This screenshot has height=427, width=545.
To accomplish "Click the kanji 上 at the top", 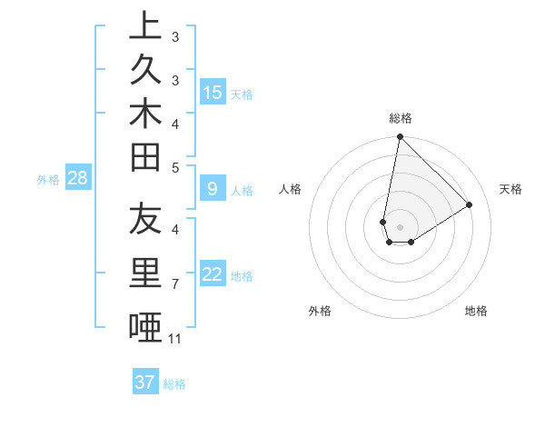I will pyautogui.click(x=145, y=26).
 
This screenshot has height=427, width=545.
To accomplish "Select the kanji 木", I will pyautogui.click(x=145, y=116).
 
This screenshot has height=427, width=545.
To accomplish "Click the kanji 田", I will pyautogui.click(x=145, y=159).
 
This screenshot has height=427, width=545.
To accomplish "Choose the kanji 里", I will pyautogui.click(x=145, y=274).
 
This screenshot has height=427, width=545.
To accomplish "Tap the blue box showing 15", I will pyautogui.click(x=213, y=92).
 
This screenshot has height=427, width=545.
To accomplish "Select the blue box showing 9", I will pyautogui.click(x=213, y=189).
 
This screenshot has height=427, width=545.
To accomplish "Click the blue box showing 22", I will pyautogui.click(x=213, y=274).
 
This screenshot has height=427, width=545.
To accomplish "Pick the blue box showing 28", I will pyautogui.click(x=77, y=178).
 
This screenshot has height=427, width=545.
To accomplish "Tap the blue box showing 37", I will pyautogui.click(x=144, y=382).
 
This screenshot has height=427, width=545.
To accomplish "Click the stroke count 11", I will pyautogui.click(x=175, y=339).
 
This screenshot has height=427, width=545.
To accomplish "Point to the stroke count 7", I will pyautogui.click(x=175, y=285).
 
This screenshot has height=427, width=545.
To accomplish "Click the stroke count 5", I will pyautogui.click(x=175, y=167).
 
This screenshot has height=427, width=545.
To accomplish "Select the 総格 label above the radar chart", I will pyautogui.click(x=400, y=118).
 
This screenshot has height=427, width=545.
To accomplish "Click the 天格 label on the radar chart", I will pyautogui.click(x=510, y=189).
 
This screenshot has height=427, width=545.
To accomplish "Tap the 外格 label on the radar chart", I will pyautogui.click(x=320, y=311).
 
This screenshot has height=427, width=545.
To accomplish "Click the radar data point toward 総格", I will pyautogui.click(x=400, y=137).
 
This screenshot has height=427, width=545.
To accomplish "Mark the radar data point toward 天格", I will pyautogui.click(x=470, y=204).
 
